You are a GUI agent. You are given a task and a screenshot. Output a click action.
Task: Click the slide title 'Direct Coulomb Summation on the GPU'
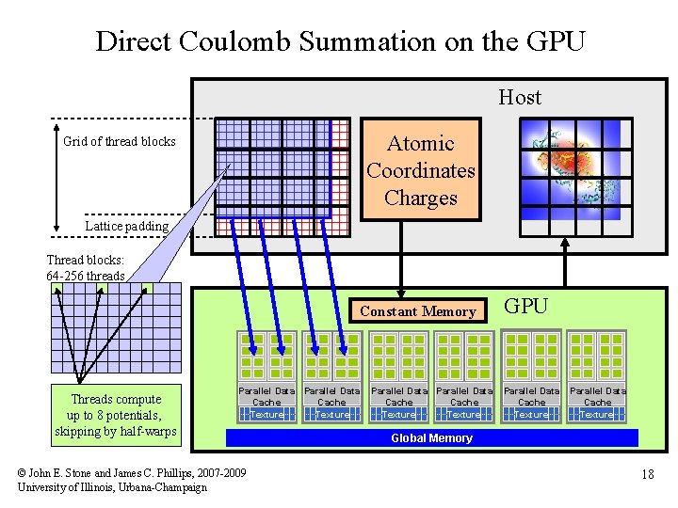click(x=340, y=41)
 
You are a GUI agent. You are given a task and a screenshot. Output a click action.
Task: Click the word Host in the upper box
click(x=520, y=97)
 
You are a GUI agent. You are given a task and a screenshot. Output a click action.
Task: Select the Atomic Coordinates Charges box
click(x=420, y=170)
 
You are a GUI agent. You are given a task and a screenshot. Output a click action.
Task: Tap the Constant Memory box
click(x=418, y=311)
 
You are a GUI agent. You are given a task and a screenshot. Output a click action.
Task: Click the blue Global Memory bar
click(x=431, y=438)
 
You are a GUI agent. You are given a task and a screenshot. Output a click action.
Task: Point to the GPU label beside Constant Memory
click(x=526, y=306)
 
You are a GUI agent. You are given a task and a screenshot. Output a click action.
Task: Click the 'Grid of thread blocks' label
click(x=120, y=141)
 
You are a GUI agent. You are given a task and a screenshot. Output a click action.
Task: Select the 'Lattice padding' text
click(x=127, y=226)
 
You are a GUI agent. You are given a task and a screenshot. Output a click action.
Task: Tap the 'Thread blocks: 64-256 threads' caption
click(x=86, y=268)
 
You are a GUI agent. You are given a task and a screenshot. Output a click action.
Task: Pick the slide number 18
click(x=647, y=475)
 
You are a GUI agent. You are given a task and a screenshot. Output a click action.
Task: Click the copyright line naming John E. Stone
click(x=132, y=472)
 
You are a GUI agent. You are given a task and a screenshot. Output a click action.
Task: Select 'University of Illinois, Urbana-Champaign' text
click(x=112, y=487)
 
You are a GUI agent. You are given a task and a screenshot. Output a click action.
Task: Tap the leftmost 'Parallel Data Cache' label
click(x=266, y=396)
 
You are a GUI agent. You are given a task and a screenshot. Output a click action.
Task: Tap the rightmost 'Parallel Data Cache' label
click(x=597, y=396)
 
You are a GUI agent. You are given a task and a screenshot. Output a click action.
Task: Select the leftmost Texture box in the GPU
click(x=266, y=414)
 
